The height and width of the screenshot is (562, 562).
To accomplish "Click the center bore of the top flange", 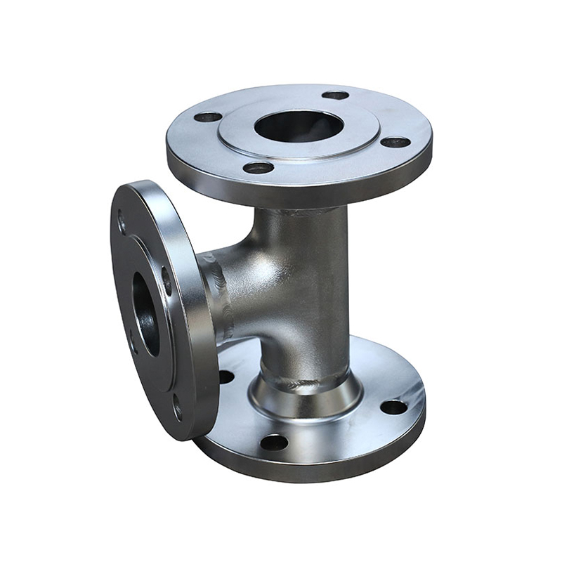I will pyautogui.click(x=299, y=126).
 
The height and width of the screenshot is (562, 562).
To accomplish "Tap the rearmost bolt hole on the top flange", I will pyautogui.click(x=335, y=95).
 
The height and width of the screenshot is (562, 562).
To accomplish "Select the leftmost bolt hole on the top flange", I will pyautogui.click(x=208, y=117).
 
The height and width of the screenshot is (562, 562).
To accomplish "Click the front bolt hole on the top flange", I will pyautogui.click(x=259, y=168).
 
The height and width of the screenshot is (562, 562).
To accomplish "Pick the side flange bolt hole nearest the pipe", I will pyautogui.click(x=166, y=281).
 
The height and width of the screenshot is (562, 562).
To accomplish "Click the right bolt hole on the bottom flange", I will pyautogui.click(x=393, y=407).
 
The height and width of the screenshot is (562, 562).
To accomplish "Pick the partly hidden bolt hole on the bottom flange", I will pyautogui.click(x=226, y=377).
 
